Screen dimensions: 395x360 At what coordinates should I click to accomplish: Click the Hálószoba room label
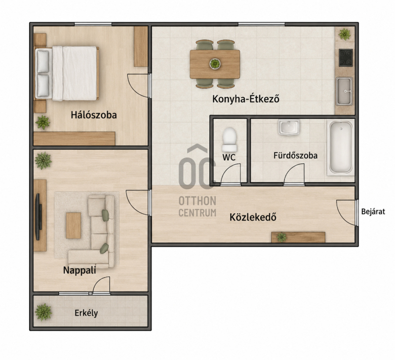(94, 115)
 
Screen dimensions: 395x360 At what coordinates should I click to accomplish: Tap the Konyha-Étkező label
(246, 99)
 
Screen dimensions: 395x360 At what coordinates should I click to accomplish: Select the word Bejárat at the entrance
(373, 212)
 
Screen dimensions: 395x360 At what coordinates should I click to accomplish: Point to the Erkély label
(86, 313)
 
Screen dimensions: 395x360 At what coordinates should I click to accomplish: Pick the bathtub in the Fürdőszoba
(341, 148)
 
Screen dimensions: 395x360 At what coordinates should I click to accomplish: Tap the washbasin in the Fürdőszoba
(289, 127)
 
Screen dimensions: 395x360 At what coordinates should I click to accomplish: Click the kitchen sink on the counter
(344, 91)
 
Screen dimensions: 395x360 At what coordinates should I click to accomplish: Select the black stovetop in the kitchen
(346, 58)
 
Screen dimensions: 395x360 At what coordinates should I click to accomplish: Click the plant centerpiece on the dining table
(215, 64)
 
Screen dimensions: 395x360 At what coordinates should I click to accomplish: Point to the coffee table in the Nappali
(74, 226)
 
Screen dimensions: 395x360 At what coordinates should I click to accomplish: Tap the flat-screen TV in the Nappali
(39, 217)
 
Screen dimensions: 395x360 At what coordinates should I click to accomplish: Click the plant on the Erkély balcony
(43, 312)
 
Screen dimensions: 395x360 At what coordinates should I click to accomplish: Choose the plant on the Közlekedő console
(281, 237)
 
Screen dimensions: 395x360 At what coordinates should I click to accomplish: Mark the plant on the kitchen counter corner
(344, 34)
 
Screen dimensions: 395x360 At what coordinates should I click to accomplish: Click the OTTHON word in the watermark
(197, 201)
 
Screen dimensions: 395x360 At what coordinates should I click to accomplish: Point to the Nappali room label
(79, 270)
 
